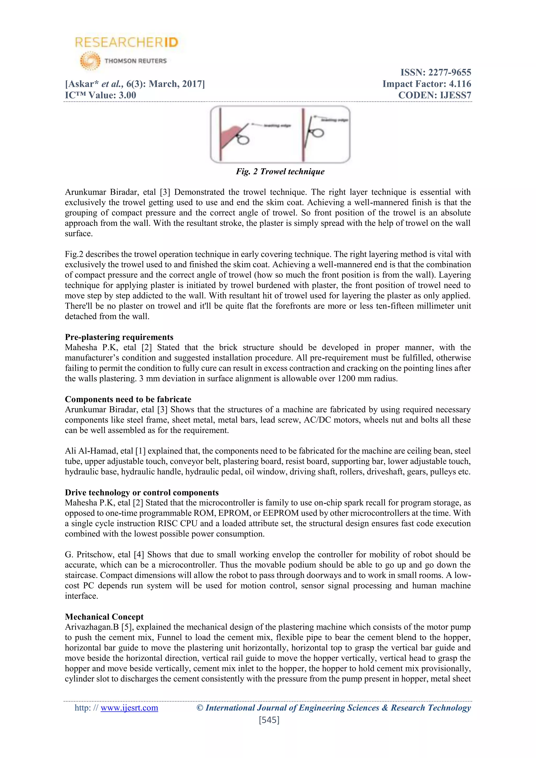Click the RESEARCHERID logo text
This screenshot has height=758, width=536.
click(127, 42)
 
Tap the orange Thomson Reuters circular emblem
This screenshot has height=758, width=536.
click(90, 61)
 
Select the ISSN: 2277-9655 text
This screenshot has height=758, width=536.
click(436, 72)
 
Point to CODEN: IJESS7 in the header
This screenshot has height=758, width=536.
click(434, 96)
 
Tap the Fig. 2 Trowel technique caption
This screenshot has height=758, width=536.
click(280, 171)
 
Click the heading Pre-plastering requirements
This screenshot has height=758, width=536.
click(119, 337)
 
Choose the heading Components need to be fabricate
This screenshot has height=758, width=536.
click(128, 399)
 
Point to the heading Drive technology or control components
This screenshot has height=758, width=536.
click(142, 492)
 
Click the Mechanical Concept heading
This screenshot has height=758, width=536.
click(104, 617)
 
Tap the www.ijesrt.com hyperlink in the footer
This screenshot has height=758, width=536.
click(129, 707)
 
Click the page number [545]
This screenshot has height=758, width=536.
click(269, 720)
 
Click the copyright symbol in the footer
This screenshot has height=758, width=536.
click(200, 707)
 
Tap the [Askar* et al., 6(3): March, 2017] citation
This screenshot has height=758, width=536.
click(135, 84)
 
